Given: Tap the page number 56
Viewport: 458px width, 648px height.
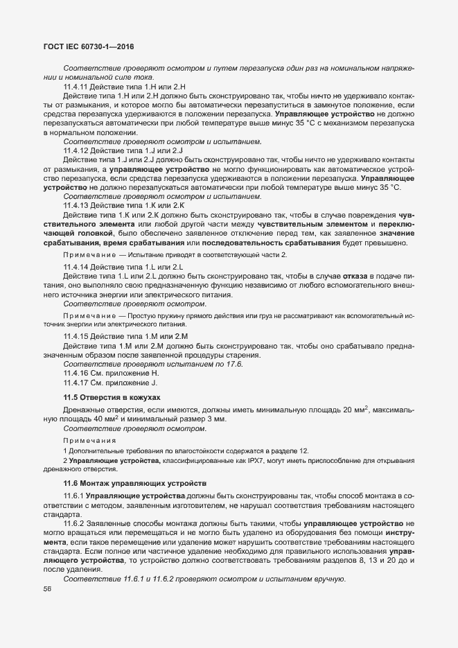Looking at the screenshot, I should pyautogui.click(x=47, y=590).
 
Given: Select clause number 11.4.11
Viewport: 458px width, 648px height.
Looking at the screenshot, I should pyautogui.click(x=76, y=86).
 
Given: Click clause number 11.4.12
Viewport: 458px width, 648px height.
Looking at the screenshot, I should pyautogui.click(x=76, y=150).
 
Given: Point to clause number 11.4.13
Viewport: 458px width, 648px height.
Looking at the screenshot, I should pyautogui.click(x=76, y=206).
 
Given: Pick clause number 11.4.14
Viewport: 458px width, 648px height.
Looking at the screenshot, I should pyautogui.click(x=76, y=267).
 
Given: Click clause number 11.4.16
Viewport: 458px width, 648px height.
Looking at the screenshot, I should pyautogui.click(x=76, y=373).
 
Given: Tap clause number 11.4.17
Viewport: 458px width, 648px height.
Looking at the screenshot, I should pyautogui.click(x=76, y=383).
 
